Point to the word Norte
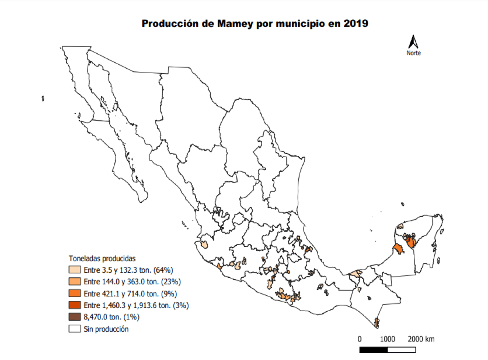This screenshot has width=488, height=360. [413, 53]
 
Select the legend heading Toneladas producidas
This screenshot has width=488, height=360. [102, 259]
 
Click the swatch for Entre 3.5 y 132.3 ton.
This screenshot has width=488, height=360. [75, 270]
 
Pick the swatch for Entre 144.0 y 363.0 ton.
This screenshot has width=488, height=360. [75, 282]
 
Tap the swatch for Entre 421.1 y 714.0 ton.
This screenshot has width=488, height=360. [75, 294]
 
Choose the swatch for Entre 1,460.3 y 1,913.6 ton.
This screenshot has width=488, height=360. [75, 305]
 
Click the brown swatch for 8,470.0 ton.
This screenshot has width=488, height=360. [75, 317]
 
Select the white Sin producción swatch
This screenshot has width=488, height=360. [75, 329]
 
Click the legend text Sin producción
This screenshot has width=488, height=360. [106, 329]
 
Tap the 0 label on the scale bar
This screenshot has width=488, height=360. [360, 339]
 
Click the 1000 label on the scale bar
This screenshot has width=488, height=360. [387, 339]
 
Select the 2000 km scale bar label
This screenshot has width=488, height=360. [421, 339]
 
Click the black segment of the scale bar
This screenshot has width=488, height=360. [374, 350]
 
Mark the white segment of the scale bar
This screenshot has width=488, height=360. [402, 350]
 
